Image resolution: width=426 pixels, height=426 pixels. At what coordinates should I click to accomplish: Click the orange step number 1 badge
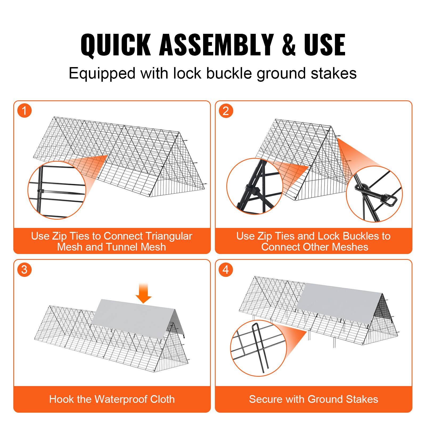pos(24,111)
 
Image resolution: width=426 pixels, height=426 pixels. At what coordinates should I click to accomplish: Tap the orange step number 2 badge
pos(226,111)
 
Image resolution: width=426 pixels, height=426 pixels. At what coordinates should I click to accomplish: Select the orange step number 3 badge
pos(24,270)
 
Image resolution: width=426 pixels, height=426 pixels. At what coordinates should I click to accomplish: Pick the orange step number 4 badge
pos(226,270)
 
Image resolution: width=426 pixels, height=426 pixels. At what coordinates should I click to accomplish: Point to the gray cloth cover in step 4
pos(338,301)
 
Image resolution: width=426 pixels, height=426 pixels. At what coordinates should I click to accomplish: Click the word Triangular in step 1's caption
pos(169,236)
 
